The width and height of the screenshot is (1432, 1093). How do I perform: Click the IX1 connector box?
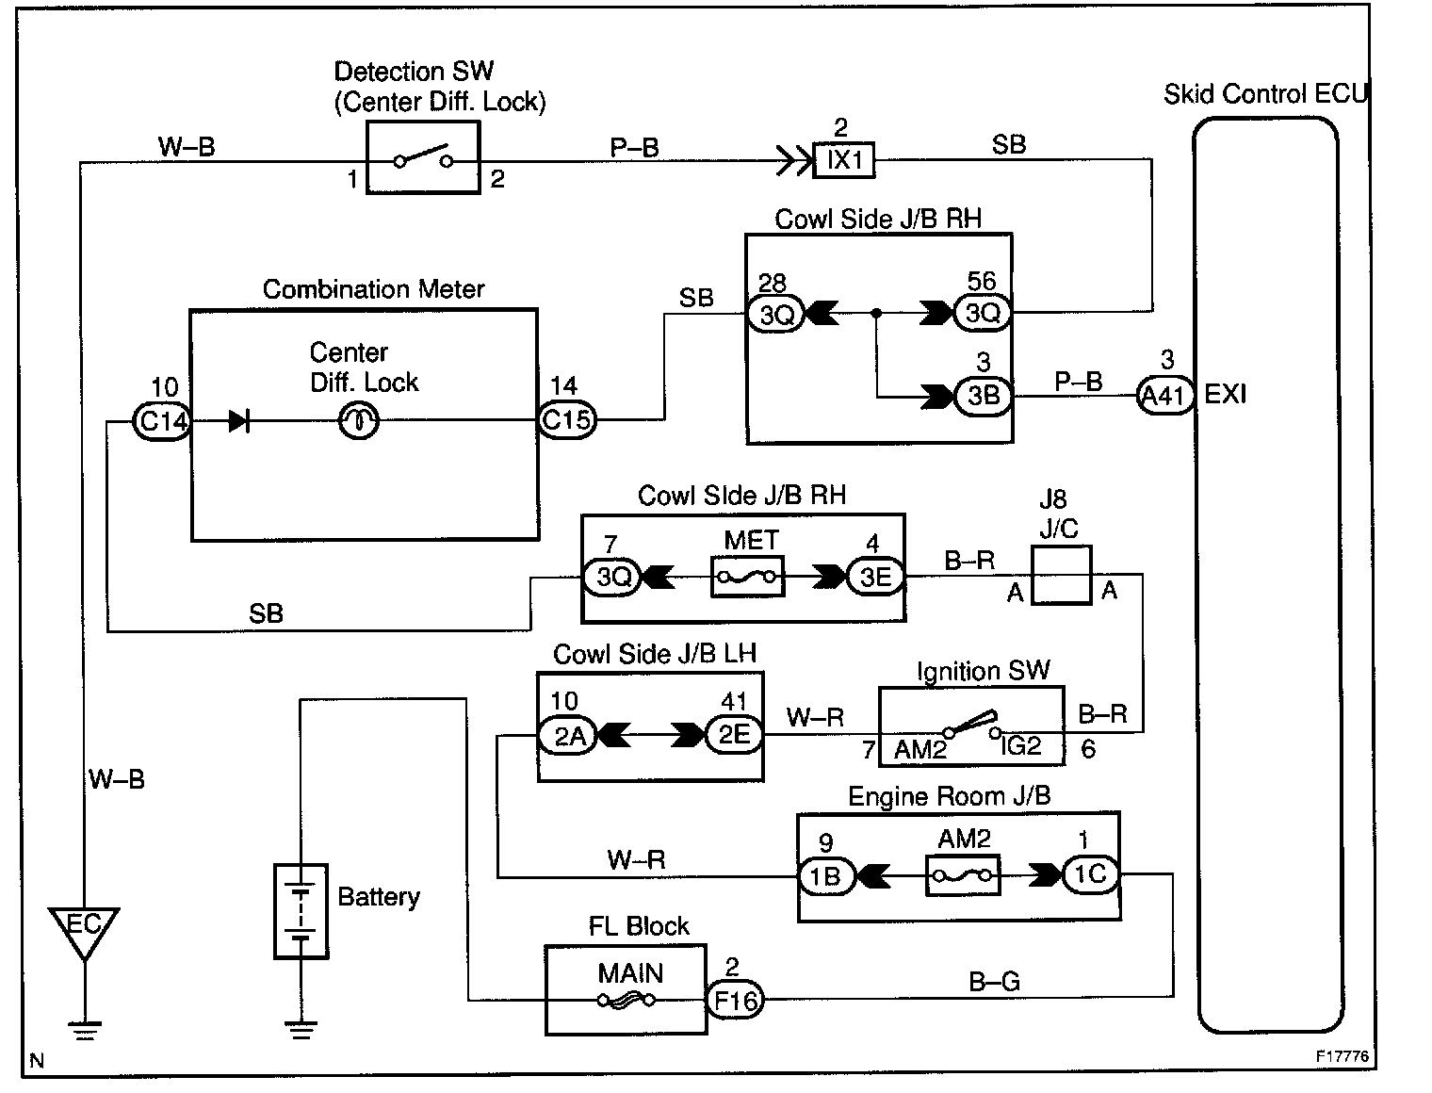pyautogui.click(x=843, y=160)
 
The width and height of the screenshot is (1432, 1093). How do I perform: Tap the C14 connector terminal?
pyautogui.click(x=162, y=421)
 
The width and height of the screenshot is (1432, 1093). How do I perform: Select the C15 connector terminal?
pyautogui.click(x=567, y=419)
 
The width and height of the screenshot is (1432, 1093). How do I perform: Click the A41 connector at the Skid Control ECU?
pyautogui.click(x=1165, y=396)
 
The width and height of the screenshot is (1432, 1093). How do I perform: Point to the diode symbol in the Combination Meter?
pyautogui.click(x=238, y=421)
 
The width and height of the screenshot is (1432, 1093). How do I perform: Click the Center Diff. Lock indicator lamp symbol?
pyautogui.click(x=358, y=421)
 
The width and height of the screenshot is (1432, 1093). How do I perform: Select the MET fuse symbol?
pyautogui.click(x=748, y=577)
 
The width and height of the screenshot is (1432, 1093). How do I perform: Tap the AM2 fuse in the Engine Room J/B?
pyautogui.click(x=963, y=875)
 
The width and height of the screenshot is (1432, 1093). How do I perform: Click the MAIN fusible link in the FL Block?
pyautogui.click(x=626, y=1000)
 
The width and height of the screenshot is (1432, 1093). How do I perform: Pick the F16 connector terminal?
pyautogui.click(x=735, y=1000)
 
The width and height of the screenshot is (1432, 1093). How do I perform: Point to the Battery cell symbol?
pyautogui.click(x=301, y=911)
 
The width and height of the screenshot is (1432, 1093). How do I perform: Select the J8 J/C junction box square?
pyautogui.click(x=1062, y=576)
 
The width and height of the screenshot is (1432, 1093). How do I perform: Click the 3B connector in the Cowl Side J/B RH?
pyautogui.click(x=984, y=396)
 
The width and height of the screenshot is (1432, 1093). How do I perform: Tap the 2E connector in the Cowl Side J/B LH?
pyautogui.click(x=735, y=735)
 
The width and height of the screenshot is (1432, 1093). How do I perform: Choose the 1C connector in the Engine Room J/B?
pyautogui.click(x=1089, y=874)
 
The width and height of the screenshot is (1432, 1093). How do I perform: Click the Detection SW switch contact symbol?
pyautogui.click(x=423, y=156)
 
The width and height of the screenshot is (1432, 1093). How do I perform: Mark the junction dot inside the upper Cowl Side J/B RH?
pyautogui.click(x=876, y=314)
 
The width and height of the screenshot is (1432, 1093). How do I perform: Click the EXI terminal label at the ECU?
pyautogui.click(x=1225, y=394)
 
